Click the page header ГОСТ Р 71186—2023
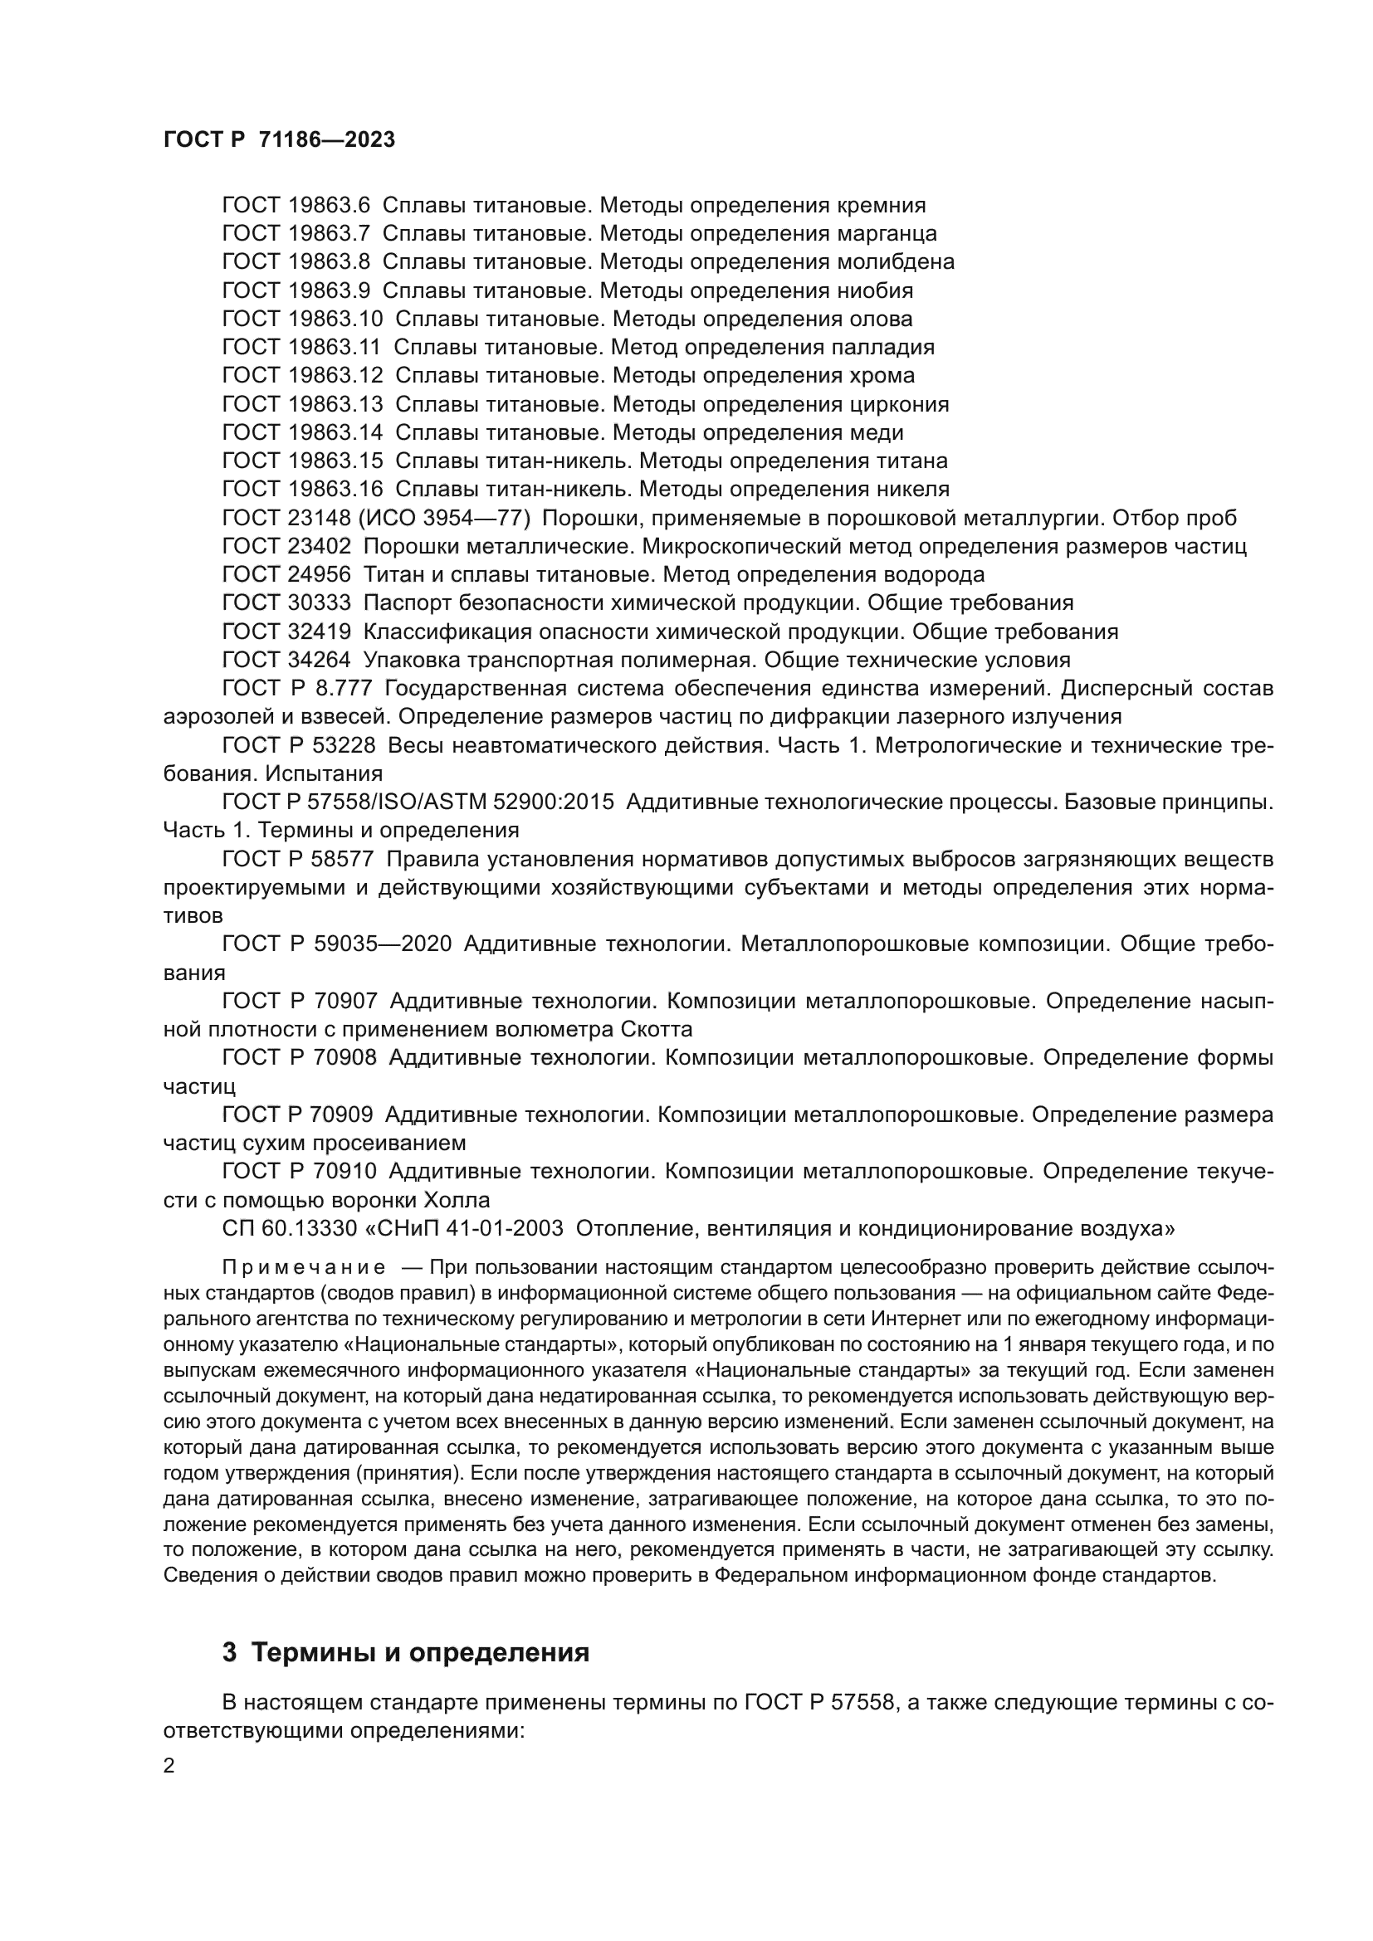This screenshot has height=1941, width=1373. (x=279, y=140)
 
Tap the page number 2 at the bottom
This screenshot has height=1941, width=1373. (x=169, y=1766)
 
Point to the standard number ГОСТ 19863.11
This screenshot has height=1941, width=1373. (x=302, y=348)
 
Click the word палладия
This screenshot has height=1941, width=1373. (x=883, y=348)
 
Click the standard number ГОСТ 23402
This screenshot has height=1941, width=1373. (x=286, y=546)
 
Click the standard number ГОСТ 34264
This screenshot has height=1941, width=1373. (x=286, y=660)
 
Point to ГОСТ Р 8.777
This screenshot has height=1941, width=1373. (x=298, y=688)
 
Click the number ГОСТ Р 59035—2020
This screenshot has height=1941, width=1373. (x=337, y=944)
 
